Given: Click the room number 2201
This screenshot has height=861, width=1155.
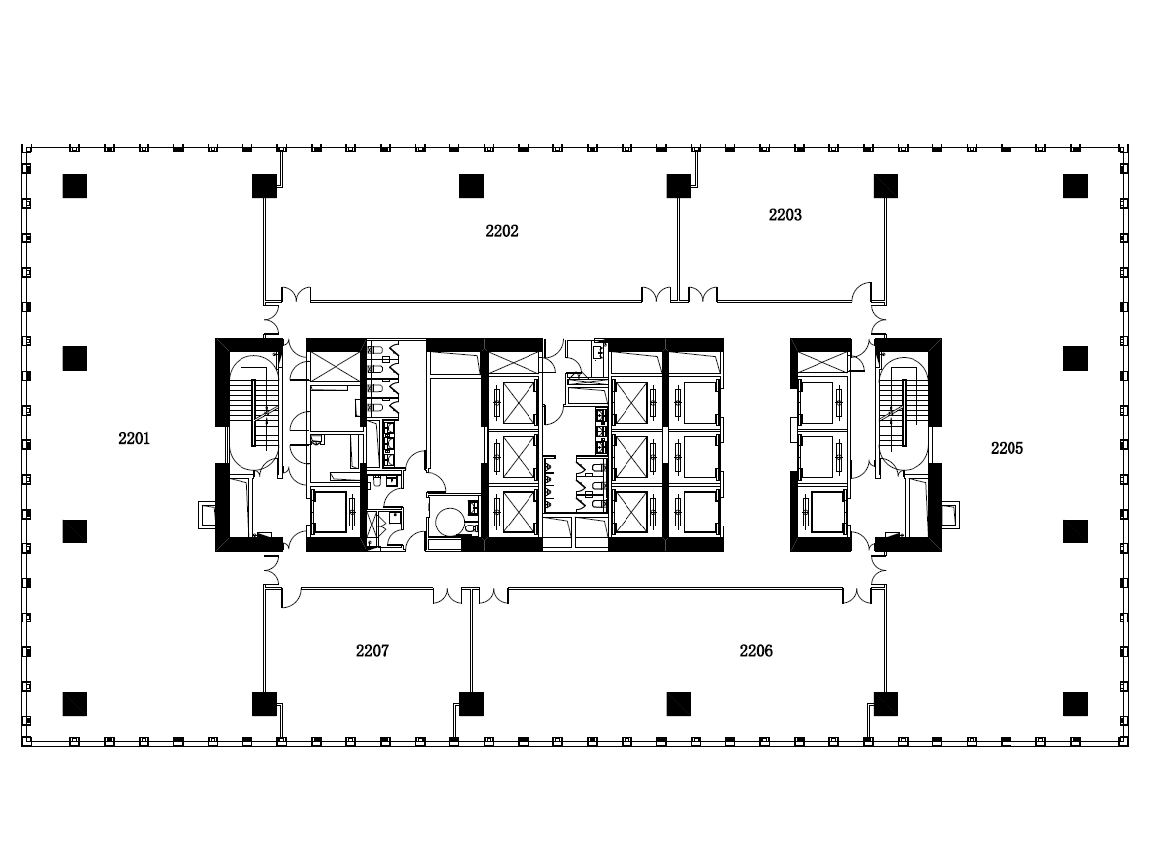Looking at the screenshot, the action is [x=134, y=439].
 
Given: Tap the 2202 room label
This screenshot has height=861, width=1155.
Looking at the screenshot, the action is [x=502, y=231].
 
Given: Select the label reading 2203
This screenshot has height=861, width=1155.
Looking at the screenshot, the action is [x=785, y=215].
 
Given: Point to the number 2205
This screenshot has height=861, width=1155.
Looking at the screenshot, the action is [x=1007, y=448].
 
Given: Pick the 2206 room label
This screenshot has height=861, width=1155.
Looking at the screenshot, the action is [x=756, y=651].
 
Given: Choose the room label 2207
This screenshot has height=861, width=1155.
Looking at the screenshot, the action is [x=373, y=651].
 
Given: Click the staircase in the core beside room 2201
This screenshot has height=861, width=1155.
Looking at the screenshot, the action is [x=253, y=414].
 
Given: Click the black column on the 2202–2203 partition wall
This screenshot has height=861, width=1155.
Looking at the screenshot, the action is [x=678, y=186].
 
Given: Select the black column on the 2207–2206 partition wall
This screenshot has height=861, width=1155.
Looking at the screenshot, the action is [x=471, y=704].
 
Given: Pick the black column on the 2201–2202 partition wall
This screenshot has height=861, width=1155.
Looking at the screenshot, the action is [x=264, y=186].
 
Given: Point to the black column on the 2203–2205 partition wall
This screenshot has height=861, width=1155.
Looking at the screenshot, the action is [x=886, y=186].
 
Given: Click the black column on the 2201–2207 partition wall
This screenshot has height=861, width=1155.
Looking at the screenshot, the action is [x=264, y=704].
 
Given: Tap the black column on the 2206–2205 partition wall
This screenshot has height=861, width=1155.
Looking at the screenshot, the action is [x=886, y=704].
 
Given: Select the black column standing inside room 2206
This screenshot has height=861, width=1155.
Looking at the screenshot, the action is [x=678, y=704].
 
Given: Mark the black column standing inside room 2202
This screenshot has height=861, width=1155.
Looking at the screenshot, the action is [x=471, y=186].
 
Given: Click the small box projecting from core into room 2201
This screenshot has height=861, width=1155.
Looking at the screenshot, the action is [x=206, y=515].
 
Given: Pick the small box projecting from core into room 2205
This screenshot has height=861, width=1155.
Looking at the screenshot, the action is [x=951, y=515].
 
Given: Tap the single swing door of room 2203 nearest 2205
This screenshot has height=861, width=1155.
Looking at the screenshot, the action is [x=862, y=292].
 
